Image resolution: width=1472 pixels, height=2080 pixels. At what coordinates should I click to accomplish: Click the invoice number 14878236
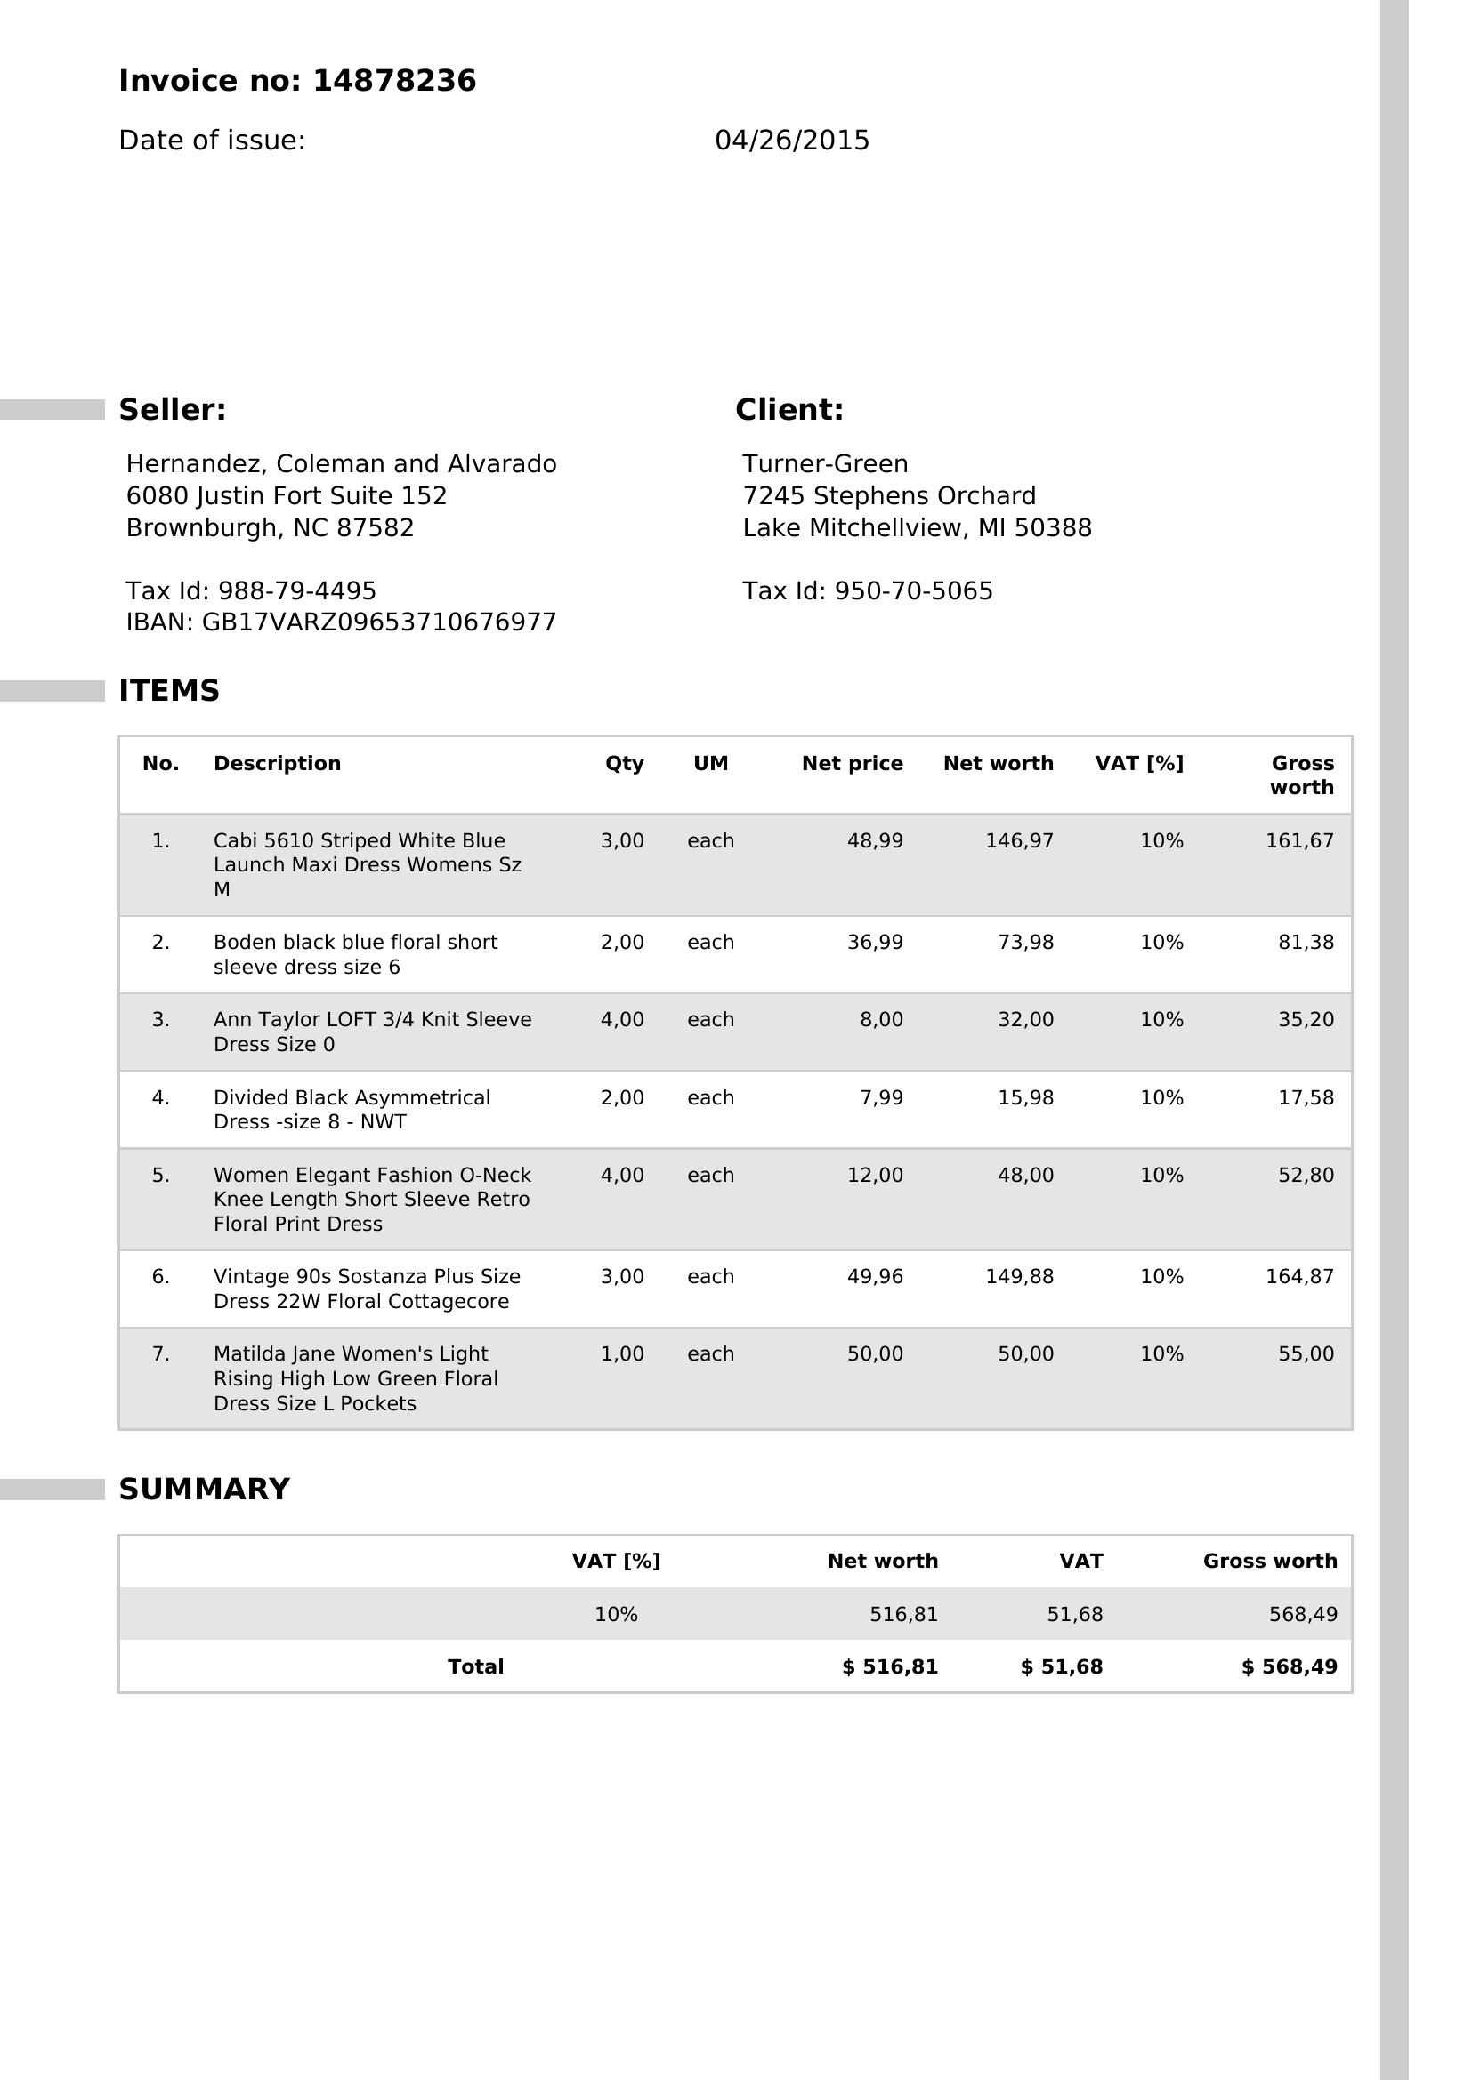393,82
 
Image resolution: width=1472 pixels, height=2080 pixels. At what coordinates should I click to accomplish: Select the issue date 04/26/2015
791,141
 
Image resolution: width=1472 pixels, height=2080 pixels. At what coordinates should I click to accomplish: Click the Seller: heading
173,409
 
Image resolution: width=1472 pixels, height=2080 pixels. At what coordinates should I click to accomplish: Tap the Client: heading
789,409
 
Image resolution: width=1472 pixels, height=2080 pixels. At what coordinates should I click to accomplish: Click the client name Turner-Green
825,464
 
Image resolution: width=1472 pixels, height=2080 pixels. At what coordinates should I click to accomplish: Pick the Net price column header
852,763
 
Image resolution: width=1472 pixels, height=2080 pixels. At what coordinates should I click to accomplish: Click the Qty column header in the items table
625,763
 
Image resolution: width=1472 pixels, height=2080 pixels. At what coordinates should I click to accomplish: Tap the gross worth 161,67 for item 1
1298,840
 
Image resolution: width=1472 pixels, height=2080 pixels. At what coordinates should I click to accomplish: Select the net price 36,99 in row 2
875,942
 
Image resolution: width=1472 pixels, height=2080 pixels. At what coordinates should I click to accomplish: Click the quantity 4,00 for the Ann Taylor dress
622,1019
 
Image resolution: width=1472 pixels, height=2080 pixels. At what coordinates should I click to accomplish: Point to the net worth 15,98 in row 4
1025,1097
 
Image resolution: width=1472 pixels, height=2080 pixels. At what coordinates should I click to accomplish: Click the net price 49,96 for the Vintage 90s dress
875,1276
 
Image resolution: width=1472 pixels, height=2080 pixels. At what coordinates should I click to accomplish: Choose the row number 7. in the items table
160,1353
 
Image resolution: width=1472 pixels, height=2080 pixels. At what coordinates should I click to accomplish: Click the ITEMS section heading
169,690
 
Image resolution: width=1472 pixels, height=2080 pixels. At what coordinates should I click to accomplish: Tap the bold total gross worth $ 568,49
1289,1666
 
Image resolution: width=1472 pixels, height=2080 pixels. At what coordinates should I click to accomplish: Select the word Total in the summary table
476,1666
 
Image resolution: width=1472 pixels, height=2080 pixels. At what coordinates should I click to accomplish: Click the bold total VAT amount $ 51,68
1062,1666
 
